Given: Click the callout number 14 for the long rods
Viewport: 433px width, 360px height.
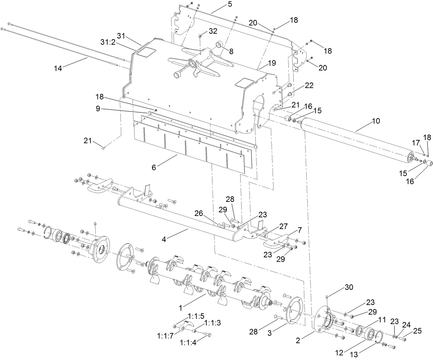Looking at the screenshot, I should click(x=58, y=68).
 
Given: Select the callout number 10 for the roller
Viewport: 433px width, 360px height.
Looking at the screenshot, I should click(x=376, y=121).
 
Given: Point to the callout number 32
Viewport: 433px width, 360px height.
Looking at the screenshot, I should click(x=213, y=31).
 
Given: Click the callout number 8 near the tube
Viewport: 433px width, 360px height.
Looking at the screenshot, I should click(x=231, y=51).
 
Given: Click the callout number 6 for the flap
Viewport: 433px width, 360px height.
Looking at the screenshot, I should click(x=154, y=167).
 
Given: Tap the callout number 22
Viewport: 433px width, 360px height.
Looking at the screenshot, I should click(x=309, y=86).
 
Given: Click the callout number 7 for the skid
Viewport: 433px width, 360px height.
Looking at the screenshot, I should click(x=299, y=229).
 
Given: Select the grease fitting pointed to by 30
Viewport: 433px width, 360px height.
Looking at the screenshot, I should click(x=327, y=296).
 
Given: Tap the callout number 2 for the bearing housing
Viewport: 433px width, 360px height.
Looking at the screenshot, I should click(x=298, y=340).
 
